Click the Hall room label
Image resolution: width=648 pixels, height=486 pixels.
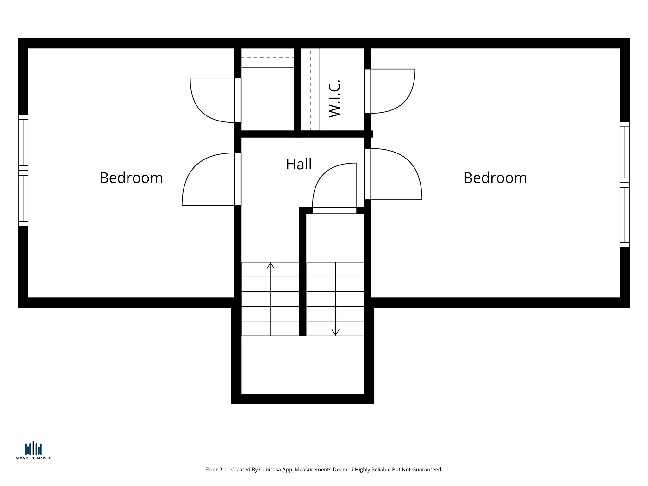(299, 164)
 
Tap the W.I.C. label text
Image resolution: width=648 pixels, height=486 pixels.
(334, 99)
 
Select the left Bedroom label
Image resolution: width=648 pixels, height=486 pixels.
(131, 178)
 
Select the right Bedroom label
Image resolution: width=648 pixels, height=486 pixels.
(495, 178)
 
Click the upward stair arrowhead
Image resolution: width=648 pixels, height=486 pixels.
(271, 266)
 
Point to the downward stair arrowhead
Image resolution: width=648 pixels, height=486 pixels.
(335, 332)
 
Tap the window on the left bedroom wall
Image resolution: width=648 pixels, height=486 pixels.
(23, 170)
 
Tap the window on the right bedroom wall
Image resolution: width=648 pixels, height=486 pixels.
(625, 184)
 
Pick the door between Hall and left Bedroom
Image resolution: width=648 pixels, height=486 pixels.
(209, 179)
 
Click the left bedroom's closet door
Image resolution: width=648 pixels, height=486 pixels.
(213, 100)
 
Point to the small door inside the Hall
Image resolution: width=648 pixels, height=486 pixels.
(335, 187)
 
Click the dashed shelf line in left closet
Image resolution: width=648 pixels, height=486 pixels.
(268, 58)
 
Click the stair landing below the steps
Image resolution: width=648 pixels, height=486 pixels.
(303, 364)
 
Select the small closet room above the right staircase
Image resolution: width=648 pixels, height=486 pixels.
(335, 237)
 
